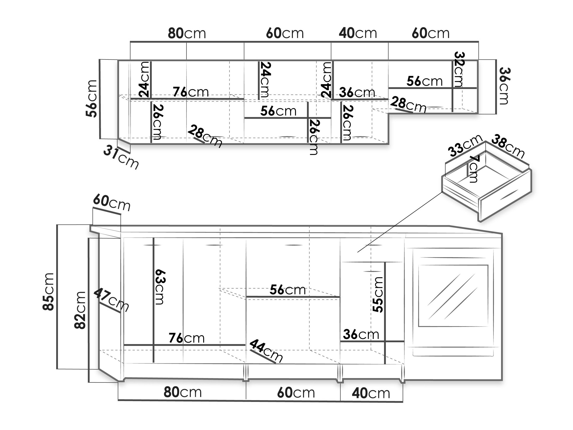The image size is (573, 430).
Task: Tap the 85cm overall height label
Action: pos(48,291)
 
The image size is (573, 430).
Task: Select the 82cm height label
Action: pos(80,310)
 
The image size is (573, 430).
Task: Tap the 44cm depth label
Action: pos(266,350)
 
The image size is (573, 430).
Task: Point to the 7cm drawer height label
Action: pos(474,169)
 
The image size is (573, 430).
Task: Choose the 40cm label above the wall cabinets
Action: pos(358,33)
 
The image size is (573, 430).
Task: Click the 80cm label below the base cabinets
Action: pos(183,392)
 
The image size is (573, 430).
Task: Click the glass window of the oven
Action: pos(453,295)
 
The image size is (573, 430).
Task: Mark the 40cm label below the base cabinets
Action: pos(371,393)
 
